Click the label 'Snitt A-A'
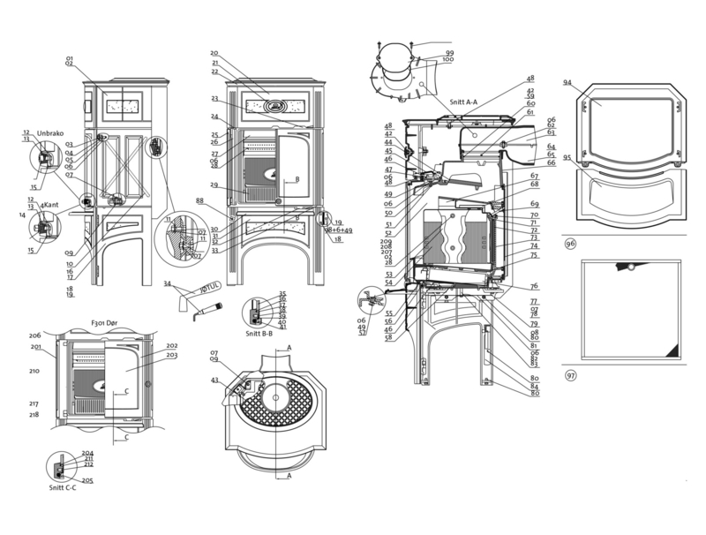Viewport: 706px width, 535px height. [x=462, y=102]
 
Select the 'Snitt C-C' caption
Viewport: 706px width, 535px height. [x=64, y=487]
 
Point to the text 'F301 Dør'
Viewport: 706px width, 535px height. [x=104, y=323]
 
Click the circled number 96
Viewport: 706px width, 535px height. [x=571, y=243]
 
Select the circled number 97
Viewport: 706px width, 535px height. [x=571, y=375]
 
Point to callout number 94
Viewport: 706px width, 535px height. [x=567, y=82]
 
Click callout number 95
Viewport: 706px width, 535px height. [x=567, y=159]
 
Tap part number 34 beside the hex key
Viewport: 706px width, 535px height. [x=167, y=283]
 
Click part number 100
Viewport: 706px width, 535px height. [x=449, y=60]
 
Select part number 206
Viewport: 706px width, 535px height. [x=35, y=335]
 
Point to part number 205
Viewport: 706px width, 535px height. [x=87, y=480]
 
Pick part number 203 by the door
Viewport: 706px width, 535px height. [x=171, y=355]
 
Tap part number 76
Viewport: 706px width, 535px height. [x=534, y=286]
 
